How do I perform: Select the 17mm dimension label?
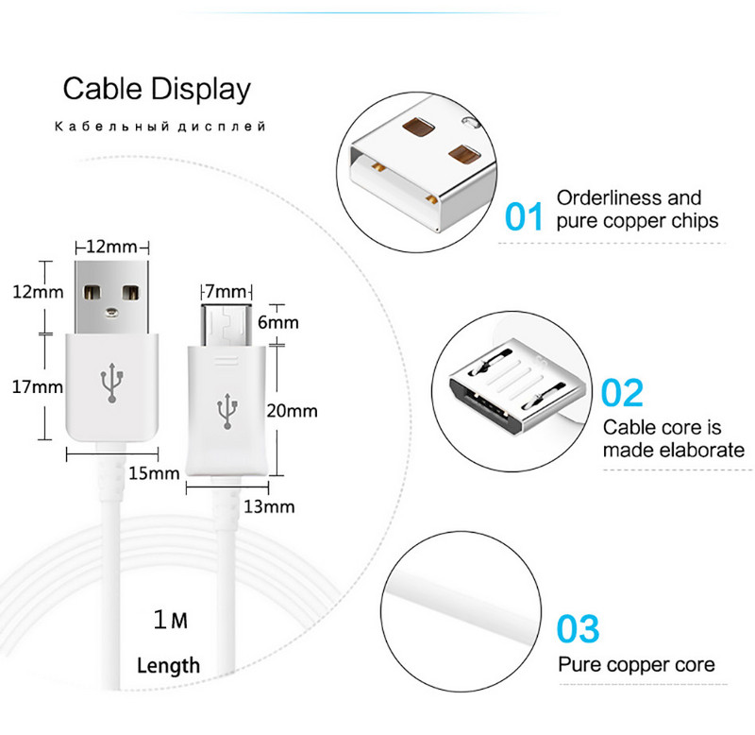coord(37,386)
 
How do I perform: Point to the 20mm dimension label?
coord(292,411)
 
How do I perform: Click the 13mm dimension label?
coord(270,506)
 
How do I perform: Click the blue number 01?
coord(524,216)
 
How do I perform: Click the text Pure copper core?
coord(636,664)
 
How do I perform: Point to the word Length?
coord(168,665)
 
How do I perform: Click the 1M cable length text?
coord(171,621)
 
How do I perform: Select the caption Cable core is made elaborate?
coord(673,438)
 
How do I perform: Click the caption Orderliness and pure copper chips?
coord(637,209)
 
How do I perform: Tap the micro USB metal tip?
coord(226,326)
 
